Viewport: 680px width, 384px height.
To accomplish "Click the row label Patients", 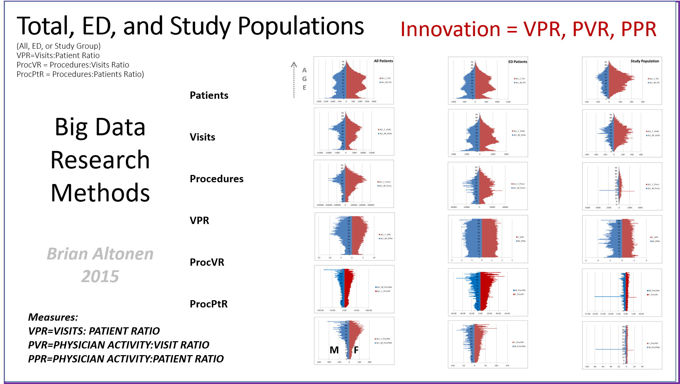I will [209, 95].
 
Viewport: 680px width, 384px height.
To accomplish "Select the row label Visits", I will [202, 137].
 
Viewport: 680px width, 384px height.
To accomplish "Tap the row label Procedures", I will [217, 179].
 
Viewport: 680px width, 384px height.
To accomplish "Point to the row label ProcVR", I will [207, 262].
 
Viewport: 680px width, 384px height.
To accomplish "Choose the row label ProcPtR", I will [209, 304].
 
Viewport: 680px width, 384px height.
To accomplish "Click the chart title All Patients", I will [383, 61].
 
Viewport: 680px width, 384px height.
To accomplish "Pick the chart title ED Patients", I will [518, 62].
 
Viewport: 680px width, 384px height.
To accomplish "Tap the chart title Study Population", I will [645, 61].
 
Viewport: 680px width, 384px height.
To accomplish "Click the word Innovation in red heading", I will [450, 29].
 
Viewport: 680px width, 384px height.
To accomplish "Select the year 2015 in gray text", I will [100, 277].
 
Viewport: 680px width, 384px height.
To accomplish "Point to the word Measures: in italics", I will [53, 317].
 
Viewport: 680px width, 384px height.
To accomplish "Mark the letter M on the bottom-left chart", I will [334, 350].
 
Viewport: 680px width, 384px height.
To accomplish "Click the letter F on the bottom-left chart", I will [356, 350].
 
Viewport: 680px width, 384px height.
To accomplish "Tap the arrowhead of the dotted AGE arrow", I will [294, 64].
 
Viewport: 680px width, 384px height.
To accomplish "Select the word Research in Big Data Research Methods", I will [100, 160].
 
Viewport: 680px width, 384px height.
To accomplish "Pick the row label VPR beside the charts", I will [199, 221].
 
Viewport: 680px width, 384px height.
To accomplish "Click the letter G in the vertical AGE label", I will [304, 79].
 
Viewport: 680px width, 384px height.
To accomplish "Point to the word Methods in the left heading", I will [100, 193].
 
